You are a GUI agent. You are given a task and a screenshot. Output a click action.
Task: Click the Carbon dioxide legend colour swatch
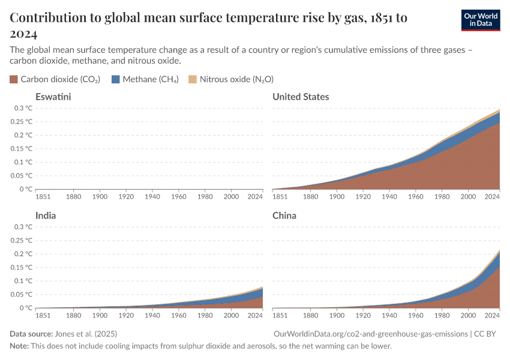pyautogui.click(x=14, y=79)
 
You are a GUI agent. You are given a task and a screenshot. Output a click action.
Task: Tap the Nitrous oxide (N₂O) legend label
pyautogui.click(x=236, y=79)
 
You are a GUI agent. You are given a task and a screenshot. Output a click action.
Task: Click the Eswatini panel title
pyautogui.click(x=53, y=97)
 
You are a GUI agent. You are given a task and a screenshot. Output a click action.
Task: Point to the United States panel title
pyautogui.click(x=301, y=97)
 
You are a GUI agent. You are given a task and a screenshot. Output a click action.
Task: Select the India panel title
pyautogui.click(x=46, y=215)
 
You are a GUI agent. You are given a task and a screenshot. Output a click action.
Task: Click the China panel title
pyautogui.click(x=284, y=215)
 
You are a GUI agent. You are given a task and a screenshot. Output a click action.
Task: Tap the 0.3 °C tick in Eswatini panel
pyautogui.click(x=22, y=108)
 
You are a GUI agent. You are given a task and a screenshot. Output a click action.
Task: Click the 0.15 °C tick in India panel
pyautogui.click(x=21, y=267)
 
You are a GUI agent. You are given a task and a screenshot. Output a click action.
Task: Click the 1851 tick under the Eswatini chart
pyautogui.click(x=43, y=196)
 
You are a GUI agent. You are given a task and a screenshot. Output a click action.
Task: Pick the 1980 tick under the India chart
pyautogui.click(x=205, y=315)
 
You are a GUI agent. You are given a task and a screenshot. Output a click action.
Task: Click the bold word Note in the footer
pyautogui.click(x=20, y=346)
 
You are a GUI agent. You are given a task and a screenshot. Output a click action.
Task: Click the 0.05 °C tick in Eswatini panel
pyautogui.click(x=21, y=176)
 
